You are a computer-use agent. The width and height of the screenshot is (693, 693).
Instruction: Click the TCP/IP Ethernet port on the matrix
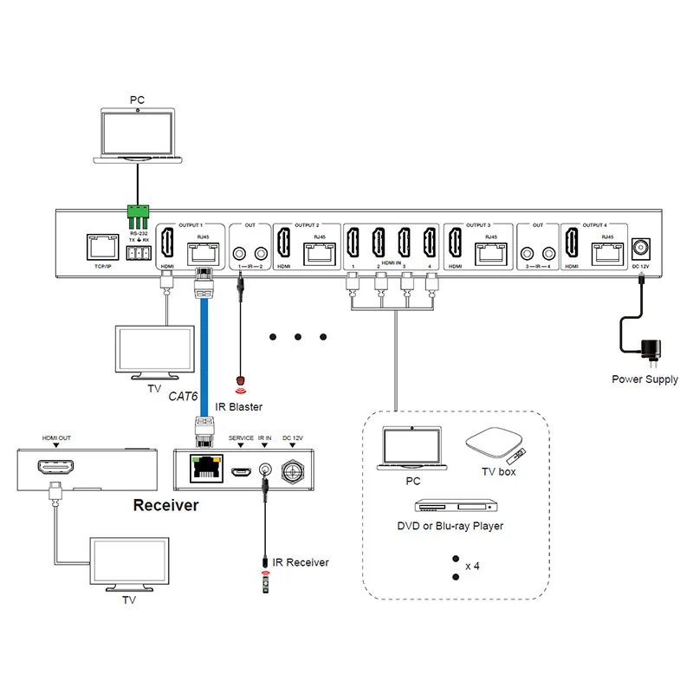(101, 248)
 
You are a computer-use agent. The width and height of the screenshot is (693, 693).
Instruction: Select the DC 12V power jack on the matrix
(642, 248)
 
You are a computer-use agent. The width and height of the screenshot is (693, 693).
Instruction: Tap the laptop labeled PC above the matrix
(139, 134)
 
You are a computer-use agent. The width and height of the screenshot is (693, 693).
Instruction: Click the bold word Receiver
(165, 505)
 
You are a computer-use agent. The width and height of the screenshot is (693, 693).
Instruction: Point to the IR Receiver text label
(301, 562)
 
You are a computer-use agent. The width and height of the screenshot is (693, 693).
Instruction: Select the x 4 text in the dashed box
(472, 566)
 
